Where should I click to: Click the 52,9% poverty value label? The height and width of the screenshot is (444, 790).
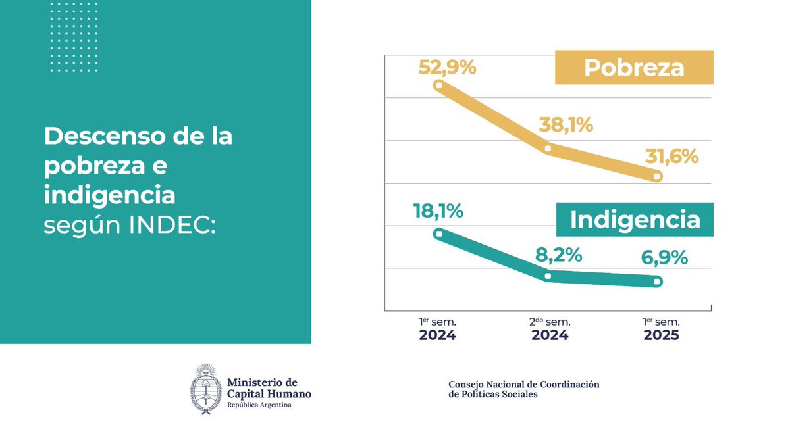[447, 67]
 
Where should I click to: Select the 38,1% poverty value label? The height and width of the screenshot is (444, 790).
[566, 124]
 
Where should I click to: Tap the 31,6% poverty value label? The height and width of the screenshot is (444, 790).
[670, 158]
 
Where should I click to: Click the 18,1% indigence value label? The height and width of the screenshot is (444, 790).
[438, 211]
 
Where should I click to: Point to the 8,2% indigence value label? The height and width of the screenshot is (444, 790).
[558, 255]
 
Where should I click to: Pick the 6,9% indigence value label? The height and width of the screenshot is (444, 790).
[664, 258]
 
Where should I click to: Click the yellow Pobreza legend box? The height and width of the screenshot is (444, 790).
[635, 68]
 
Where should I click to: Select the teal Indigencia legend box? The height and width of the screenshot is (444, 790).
[635, 220]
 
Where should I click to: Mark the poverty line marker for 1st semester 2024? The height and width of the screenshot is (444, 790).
[438, 85]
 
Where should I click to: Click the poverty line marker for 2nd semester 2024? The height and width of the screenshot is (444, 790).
[548, 149]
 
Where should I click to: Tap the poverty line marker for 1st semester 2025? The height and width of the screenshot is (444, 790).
[657, 176]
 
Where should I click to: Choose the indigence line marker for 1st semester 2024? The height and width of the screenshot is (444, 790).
[438, 233]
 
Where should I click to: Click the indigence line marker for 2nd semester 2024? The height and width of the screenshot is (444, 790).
[548, 276]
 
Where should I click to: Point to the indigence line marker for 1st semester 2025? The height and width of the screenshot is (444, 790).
[657, 282]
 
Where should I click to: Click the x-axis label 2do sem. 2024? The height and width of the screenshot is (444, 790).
[550, 328]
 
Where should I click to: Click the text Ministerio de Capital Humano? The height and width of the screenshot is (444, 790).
[269, 388]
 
